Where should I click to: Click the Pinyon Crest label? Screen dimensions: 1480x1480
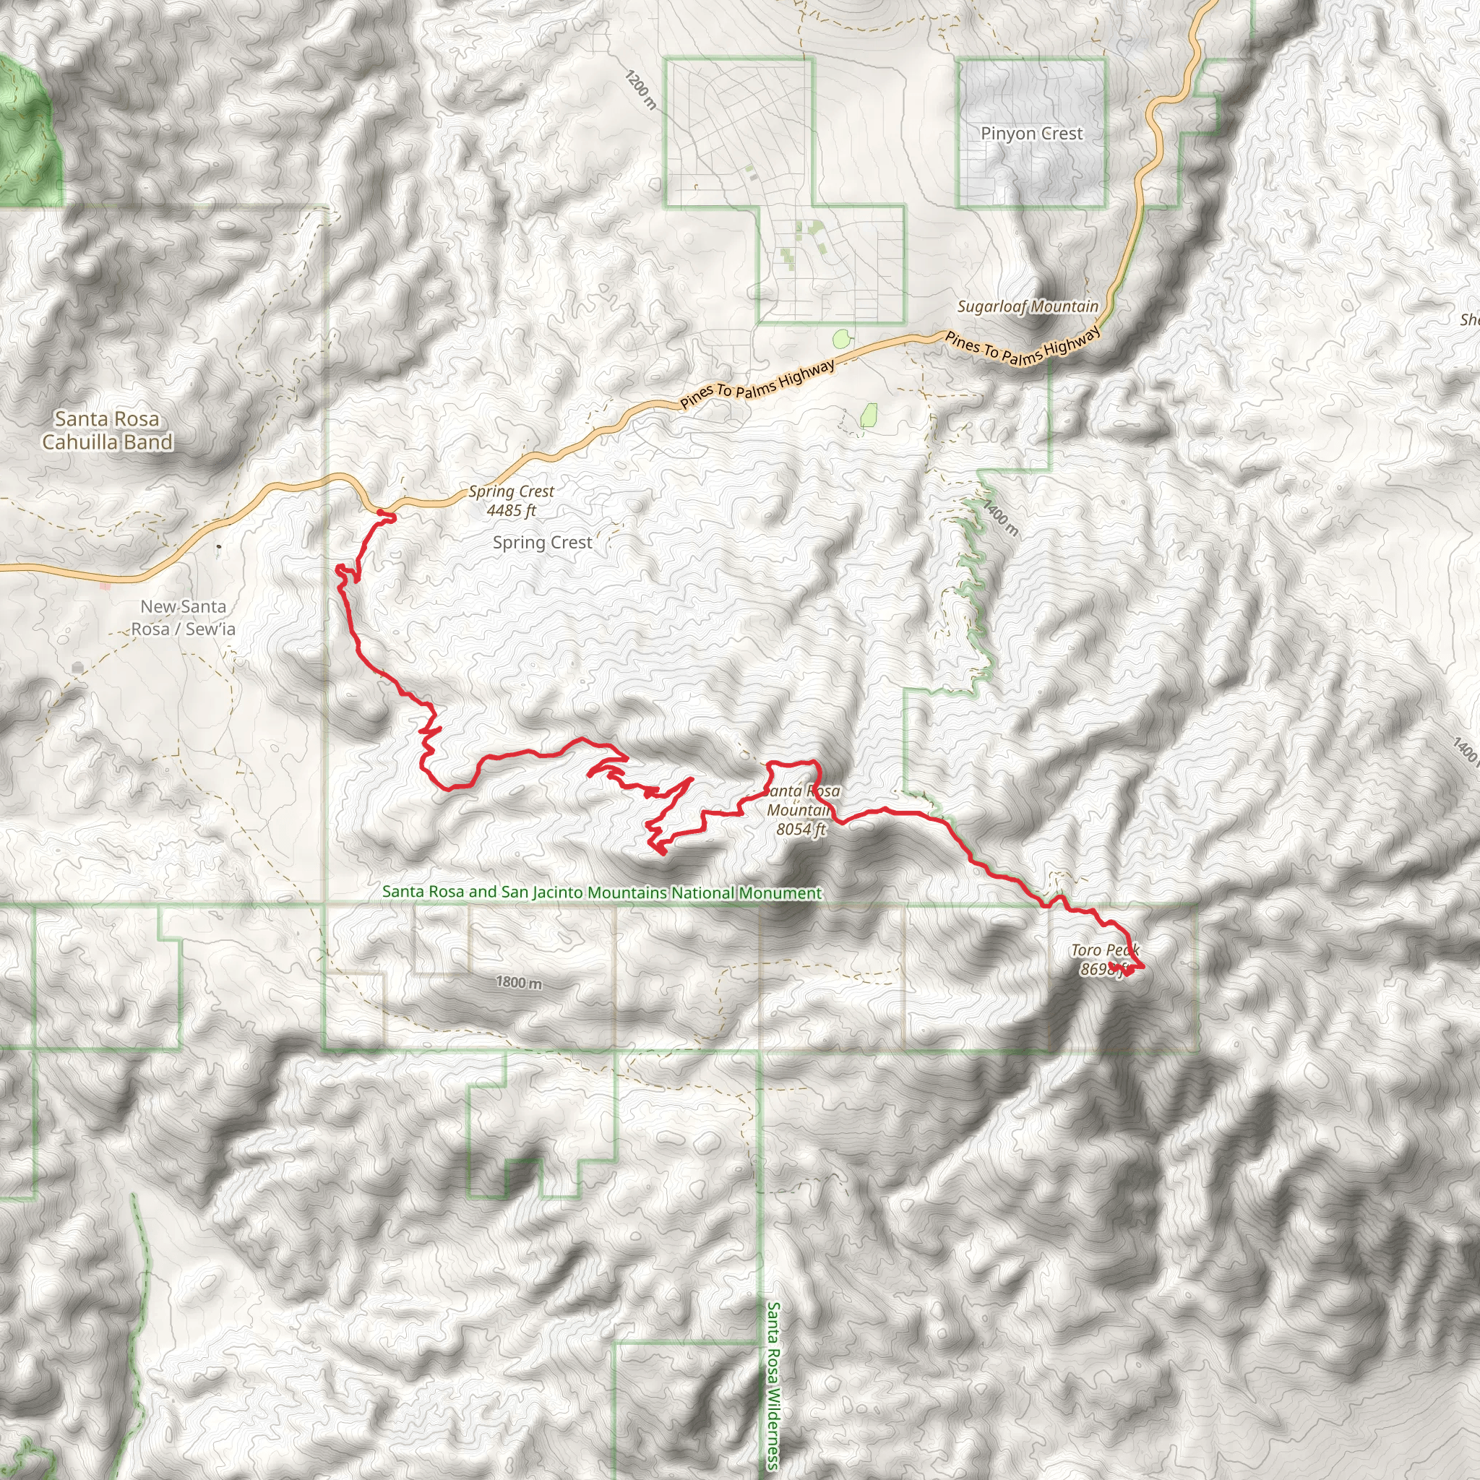click(1031, 133)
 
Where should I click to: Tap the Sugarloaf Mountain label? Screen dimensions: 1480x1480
click(1028, 306)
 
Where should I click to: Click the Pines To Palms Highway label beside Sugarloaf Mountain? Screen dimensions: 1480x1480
click(1023, 347)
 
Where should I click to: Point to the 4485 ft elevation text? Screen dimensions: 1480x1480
click(511, 510)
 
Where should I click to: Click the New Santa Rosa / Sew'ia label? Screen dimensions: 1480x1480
click(183, 617)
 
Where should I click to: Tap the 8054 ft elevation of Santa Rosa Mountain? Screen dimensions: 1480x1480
click(801, 829)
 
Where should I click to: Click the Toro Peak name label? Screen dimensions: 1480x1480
click(1105, 950)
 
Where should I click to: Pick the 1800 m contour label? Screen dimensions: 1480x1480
click(519, 982)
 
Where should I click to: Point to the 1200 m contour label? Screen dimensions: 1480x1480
click(640, 90)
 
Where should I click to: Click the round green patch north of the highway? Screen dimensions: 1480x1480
click(841, 337)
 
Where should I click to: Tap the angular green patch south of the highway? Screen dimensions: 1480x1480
click(869, 416)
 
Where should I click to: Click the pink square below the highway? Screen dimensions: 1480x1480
click(106, 586)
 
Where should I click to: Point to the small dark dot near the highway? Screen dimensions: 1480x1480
click(219, 546)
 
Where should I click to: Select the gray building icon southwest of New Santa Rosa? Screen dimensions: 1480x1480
click(77, 668)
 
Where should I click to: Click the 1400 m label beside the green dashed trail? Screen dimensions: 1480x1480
click(1001, 518)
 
